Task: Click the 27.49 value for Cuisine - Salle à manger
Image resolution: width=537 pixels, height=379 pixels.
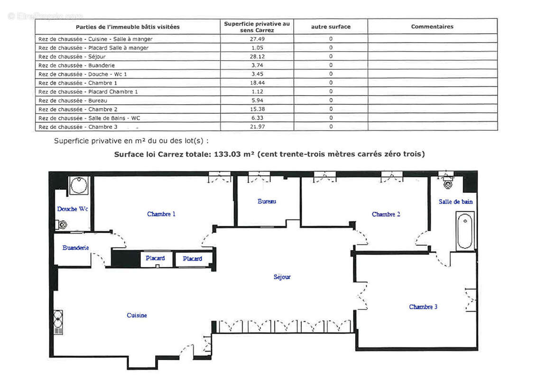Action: click(257, 39)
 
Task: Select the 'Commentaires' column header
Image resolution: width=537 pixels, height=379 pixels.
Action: click(432, 27)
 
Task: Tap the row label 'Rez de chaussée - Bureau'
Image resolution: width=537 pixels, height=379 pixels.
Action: click(73, 100)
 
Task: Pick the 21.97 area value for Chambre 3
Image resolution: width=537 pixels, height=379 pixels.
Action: click(257, 126)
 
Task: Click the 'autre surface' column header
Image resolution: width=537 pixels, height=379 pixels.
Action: click(331, 27)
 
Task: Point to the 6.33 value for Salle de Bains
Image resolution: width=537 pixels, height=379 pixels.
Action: click(257, 118)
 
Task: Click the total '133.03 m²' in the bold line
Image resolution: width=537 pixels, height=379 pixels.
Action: click(230, 154)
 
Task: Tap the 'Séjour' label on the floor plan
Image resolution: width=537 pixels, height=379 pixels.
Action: click(282, 277)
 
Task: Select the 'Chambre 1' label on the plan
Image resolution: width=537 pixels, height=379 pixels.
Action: click(161, 214)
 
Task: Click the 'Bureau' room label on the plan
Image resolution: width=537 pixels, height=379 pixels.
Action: click(267, 201)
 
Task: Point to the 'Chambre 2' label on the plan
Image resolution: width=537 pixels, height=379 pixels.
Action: click(386, 214)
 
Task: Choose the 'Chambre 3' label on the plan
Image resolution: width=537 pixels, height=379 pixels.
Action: click(423, 307)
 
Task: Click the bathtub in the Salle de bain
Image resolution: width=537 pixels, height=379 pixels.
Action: click(465, 231)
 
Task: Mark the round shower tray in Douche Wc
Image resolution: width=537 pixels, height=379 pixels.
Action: click(79, 185)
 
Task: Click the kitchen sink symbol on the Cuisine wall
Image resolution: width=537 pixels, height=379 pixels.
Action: click(58, 322)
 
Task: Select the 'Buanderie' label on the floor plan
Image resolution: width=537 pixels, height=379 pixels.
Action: click(75, 248)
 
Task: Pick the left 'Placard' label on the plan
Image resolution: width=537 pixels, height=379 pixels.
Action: click(155, 258)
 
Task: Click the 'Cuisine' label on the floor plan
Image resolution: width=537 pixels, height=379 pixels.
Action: click(137, 316)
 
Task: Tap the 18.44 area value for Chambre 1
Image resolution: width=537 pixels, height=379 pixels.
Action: click(257, 82)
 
